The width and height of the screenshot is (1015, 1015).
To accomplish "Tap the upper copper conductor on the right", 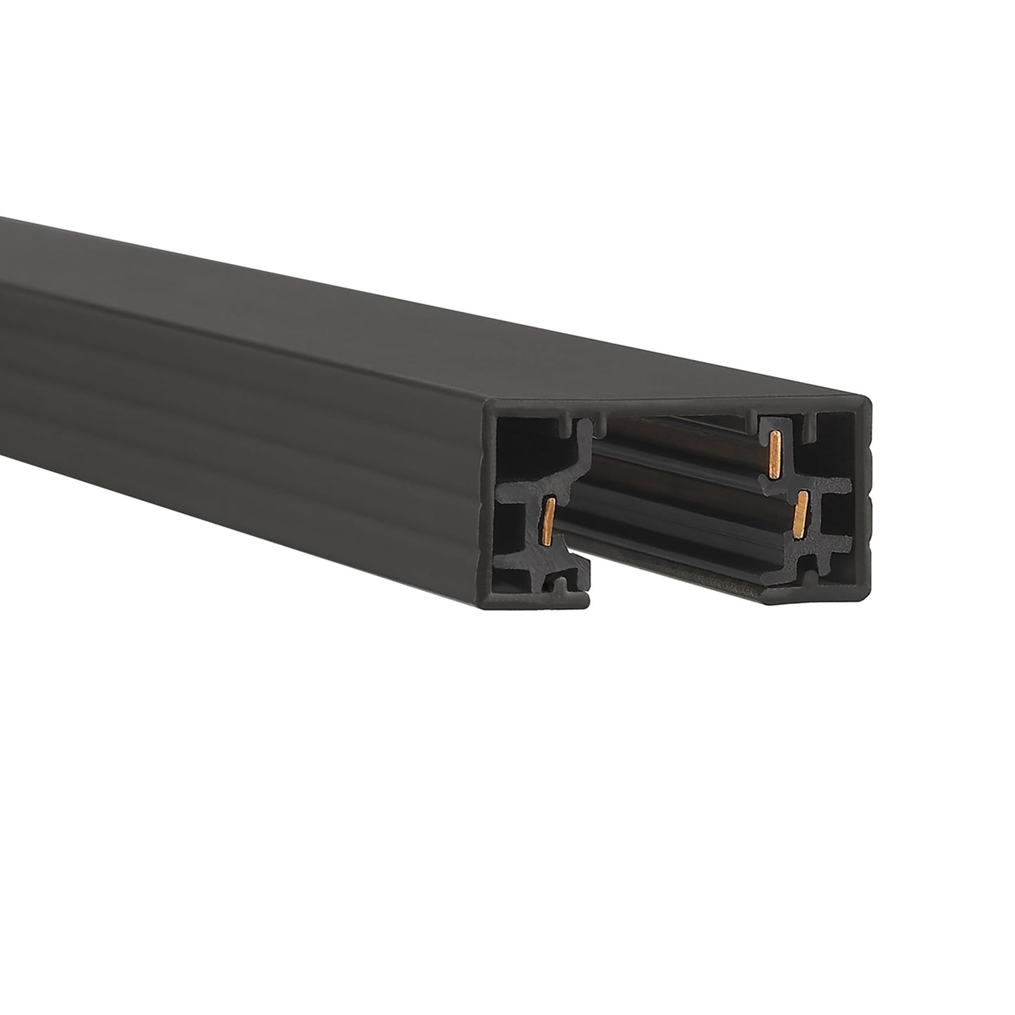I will coord(775,456).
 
